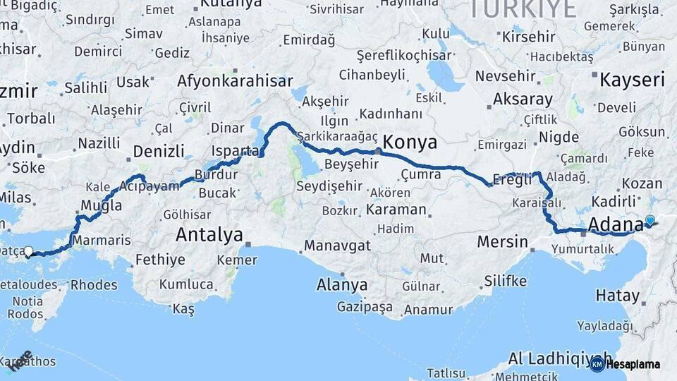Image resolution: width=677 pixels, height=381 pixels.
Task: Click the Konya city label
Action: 410,142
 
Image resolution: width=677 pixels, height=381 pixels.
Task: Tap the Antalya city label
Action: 209,234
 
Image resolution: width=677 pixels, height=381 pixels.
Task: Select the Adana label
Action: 615,224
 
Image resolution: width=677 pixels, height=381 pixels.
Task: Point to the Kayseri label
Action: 632,79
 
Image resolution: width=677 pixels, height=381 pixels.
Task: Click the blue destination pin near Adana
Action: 649,220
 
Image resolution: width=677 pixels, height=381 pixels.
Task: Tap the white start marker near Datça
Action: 28,251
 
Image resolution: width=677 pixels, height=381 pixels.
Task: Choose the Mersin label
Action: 502,242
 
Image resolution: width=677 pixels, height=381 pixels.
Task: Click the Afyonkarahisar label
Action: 235,80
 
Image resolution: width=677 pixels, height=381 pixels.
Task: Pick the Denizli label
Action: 159,150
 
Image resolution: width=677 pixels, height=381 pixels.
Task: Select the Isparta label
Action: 236,150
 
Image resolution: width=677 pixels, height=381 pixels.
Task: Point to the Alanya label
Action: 342,285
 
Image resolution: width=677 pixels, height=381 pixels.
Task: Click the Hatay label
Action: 617,295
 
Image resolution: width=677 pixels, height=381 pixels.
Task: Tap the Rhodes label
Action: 94,285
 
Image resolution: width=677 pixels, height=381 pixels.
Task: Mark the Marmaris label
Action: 102,240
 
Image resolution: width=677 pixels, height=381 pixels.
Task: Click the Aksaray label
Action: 523,99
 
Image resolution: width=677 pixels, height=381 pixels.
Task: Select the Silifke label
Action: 505,281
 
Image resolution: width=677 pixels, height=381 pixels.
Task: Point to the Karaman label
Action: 396,210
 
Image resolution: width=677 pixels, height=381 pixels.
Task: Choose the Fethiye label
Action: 160,260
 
